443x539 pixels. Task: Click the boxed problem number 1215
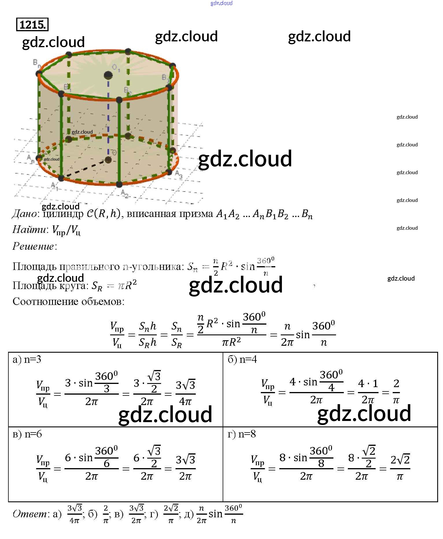coord(32,25)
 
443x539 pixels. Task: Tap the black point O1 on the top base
coord(108,75)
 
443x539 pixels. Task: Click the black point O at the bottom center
coord(108,159)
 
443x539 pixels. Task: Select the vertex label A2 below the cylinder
coord(125,193)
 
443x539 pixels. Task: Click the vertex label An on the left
coord(30,158)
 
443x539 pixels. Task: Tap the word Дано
coord(25,214)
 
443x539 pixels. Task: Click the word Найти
coord(29,230)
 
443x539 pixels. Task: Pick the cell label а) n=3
coord(27,360)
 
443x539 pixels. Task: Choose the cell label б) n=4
coord(242,360)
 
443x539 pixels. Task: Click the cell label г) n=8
coord(242,434)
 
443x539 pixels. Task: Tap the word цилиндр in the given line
coord(63,214)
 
